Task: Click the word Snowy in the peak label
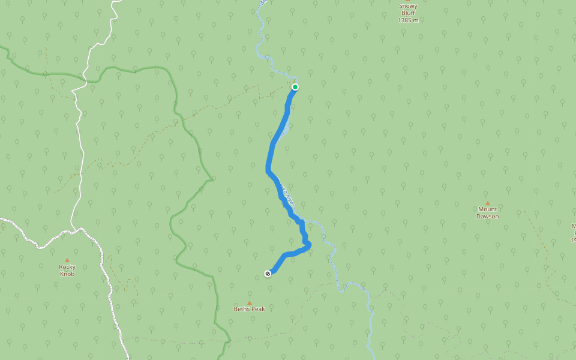point(408,6)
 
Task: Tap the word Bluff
point(408,13)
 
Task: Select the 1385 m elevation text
point(408,20)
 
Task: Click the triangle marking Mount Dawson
point(487,203)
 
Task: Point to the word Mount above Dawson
point(487,209)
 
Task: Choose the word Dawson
point(487,216)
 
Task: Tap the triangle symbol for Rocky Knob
point(67,260)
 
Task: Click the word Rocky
point(67,267)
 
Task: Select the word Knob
point(67,274)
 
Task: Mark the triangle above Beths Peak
point(250,302)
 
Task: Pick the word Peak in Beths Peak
point(258,309)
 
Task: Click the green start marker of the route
point(295,87)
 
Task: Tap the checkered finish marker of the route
point(268,274)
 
